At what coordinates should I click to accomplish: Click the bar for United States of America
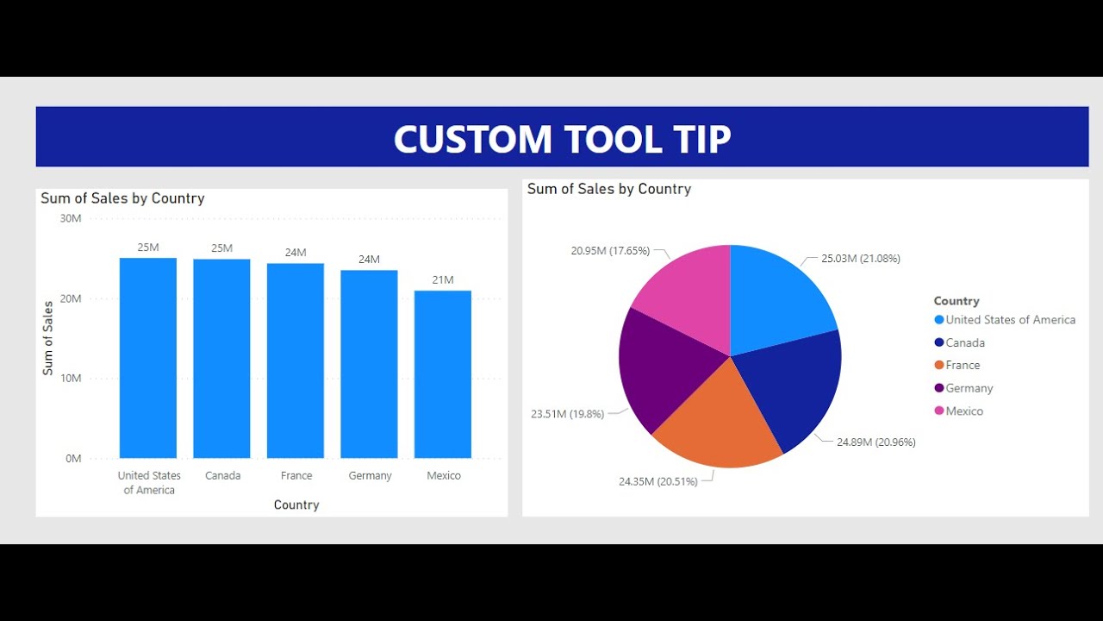pyautogui.click(x=148, y=358)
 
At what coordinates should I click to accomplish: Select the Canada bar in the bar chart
pyautogui.click(x=221, y=358)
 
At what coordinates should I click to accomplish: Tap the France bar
pyautogui.click(x=296, y=361)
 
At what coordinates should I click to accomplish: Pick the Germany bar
pyautogui.click(x=369, y=364)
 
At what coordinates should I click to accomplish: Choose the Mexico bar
pyautogui.click(x=443, y=374)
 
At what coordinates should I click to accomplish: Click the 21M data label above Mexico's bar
pyautogui.click(x=443, y=280)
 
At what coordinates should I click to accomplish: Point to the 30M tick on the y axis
pyautogui.click(x=71, y=218)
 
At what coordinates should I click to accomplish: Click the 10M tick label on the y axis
pyautogui.click(x=71, y=379)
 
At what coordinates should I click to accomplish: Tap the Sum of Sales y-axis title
pyautogui.click(x=48, y=337)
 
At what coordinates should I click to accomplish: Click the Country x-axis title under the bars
pyautogui.click(x=296, y=505)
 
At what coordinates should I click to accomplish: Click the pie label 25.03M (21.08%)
pyautogui.click(x=860, y=259)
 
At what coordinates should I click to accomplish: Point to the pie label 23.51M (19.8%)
pyautogui.click(x=567, y=414)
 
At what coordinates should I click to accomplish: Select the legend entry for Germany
pyautogui.click(x=969, y=388)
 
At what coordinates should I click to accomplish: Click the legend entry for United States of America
pyautogui.click(x=1010, y=320)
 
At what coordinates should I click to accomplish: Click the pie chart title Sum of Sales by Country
pyautogui.click(x=609, y=189)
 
